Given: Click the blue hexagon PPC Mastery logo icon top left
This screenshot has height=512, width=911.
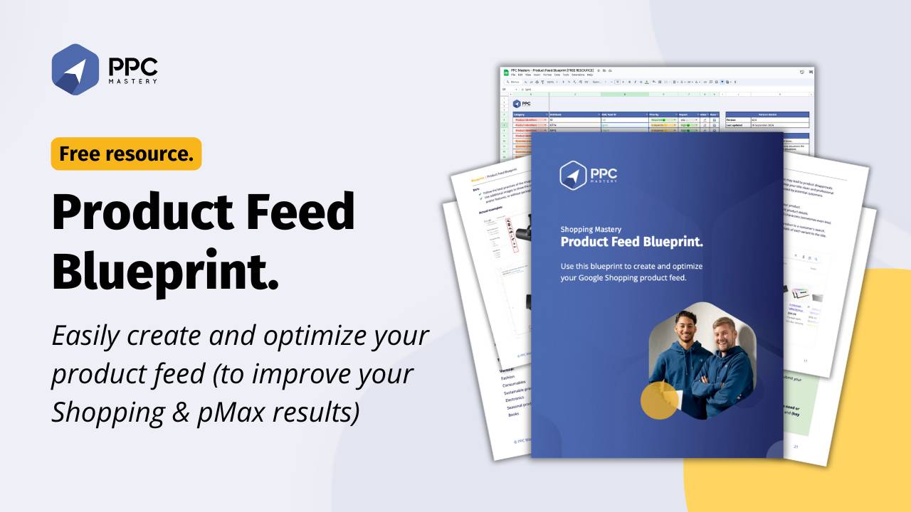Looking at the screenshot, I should (75, 69).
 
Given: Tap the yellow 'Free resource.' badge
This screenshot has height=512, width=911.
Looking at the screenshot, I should (126, 154).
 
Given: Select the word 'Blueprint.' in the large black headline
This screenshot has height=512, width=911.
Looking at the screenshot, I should (165, 273).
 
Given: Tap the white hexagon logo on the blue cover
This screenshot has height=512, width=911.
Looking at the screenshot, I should (572, 175).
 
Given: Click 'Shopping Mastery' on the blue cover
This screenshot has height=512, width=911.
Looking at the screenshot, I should (591, 230).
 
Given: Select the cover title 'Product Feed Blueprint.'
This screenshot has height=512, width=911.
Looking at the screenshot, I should (631, 242).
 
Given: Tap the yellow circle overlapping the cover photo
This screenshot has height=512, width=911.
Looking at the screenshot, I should (660, 400).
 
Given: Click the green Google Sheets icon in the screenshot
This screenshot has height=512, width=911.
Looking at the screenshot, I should (506, 73).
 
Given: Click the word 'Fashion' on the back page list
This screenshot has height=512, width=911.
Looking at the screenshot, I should (507, 377).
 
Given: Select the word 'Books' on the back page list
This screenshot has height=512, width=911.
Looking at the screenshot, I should (513, 413).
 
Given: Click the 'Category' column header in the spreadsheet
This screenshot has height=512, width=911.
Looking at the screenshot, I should (519, 114).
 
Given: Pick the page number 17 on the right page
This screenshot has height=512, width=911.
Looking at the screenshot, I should (805, 361).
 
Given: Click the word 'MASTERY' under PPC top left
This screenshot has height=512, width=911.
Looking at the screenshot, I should (132, 81).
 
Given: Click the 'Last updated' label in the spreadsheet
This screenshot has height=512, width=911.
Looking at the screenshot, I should (735, 125).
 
